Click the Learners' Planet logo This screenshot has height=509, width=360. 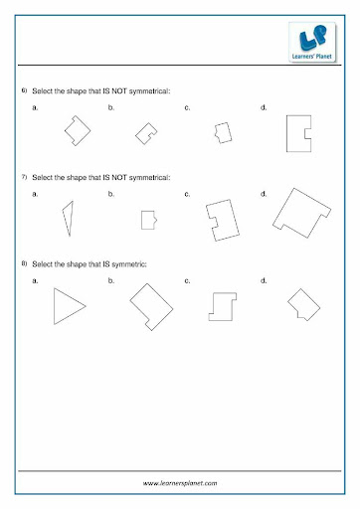312,42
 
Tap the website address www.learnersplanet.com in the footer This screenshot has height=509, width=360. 180,483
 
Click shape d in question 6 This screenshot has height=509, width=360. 287,133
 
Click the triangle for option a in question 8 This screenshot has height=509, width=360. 55,306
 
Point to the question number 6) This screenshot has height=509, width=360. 24,90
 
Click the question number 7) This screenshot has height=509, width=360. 24,177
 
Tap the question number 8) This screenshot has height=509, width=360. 24,263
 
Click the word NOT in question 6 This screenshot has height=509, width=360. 119,90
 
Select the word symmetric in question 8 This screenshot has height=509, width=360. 129,264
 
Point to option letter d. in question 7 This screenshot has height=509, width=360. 264,194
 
